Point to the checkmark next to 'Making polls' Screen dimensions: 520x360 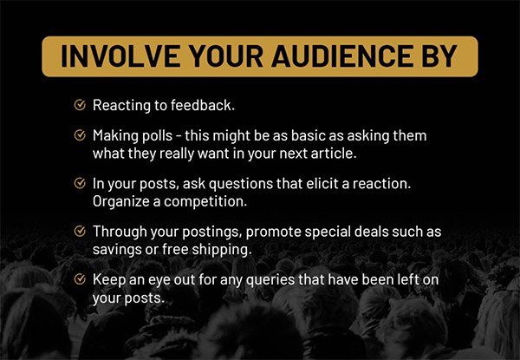(80, 134)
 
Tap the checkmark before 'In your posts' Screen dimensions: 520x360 (80, 182)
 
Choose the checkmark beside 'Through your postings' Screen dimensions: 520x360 (80, 231)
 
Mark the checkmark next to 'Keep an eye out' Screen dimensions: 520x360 (80, 278)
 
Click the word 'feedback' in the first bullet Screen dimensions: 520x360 (203, 105)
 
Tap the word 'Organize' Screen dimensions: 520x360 (121, 202)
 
